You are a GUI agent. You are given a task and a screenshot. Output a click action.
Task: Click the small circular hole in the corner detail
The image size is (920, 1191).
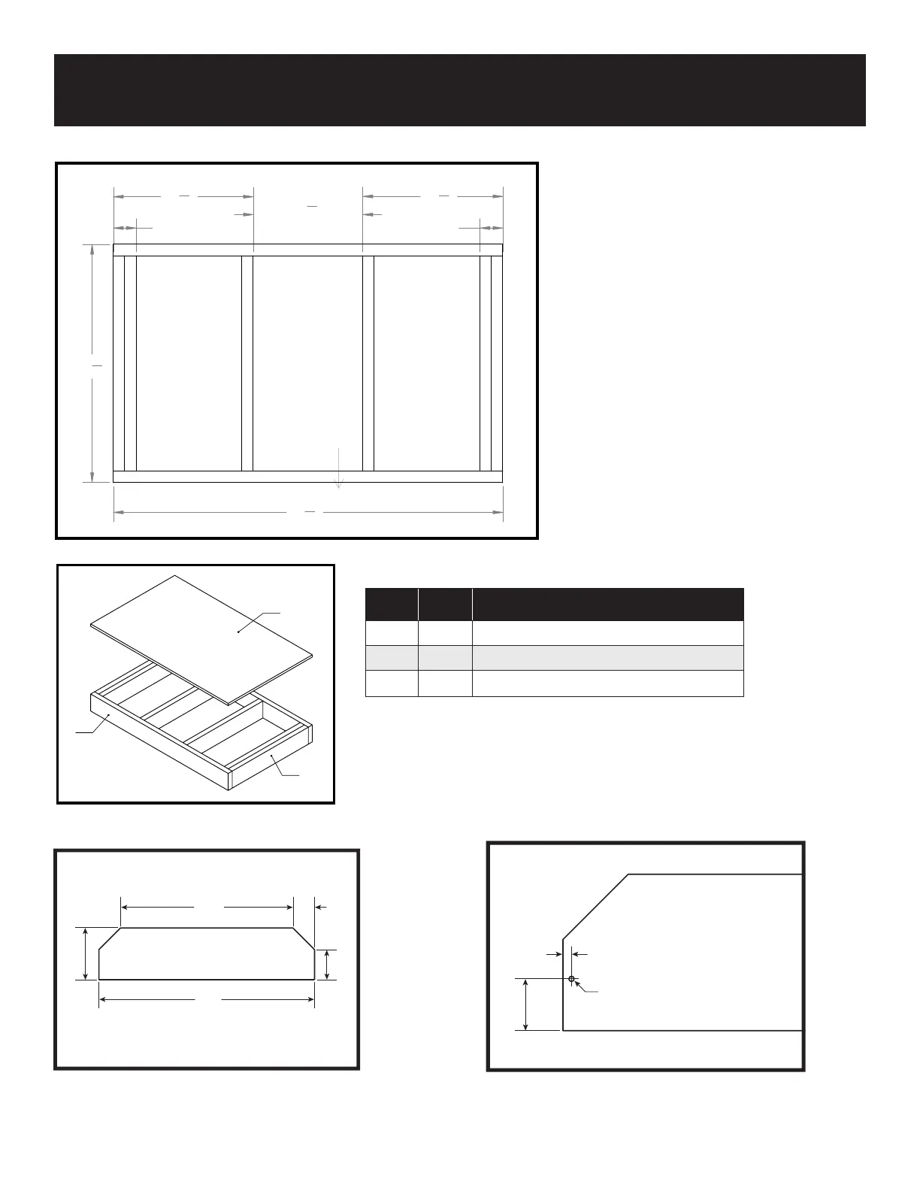click(x=571, y=978)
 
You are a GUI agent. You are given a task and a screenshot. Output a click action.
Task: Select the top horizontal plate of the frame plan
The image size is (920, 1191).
click(x=307, y=250)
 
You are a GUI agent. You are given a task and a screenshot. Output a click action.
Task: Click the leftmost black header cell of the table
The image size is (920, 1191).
click(x=391, y=605)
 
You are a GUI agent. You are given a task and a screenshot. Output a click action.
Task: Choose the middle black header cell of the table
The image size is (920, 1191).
click(x=445, y=605)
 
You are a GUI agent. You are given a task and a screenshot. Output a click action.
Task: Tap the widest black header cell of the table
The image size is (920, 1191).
click(x=607, y=605)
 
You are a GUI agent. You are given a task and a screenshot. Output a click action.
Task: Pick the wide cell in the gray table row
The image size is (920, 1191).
click(x=607, y=658)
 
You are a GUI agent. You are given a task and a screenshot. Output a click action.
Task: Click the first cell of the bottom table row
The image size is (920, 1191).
click(x=391, y=683)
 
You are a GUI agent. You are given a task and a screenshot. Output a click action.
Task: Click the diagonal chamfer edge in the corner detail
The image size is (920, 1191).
click(x=595, y=906)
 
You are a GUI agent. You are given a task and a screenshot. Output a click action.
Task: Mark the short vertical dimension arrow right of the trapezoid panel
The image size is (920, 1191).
click(x=327, y=965)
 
